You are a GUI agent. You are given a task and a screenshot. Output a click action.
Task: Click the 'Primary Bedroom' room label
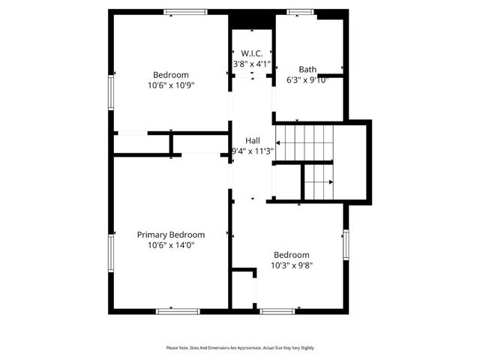tap(170, 235)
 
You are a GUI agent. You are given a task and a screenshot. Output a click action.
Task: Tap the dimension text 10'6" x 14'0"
tap(170, 245)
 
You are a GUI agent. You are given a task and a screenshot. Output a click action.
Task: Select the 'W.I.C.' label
tap(251, 53)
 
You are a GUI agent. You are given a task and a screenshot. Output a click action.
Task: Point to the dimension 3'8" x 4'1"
tap(251, 64)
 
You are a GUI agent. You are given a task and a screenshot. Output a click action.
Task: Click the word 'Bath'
tap(307, 69)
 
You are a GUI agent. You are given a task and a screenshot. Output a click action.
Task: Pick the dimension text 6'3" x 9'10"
tap(307, 80)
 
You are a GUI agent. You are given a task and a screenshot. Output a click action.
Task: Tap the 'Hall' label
tap(252, 140)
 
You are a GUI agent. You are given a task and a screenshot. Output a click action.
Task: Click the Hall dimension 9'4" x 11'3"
tap(252, 151)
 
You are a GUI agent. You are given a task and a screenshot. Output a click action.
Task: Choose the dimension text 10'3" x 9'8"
tap(291, 265)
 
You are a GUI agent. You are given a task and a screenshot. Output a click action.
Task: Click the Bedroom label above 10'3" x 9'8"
tap(291, 254)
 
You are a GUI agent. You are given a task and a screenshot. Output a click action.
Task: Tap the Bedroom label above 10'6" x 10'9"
tap(171, 75)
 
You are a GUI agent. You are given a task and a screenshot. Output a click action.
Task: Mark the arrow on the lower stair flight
tap(318, 182)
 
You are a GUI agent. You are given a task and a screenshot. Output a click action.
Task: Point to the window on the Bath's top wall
tap(301, 12)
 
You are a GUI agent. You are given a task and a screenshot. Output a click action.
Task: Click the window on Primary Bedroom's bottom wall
tap(178, 310)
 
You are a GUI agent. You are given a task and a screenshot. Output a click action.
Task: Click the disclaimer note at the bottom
tap(240, 348)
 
